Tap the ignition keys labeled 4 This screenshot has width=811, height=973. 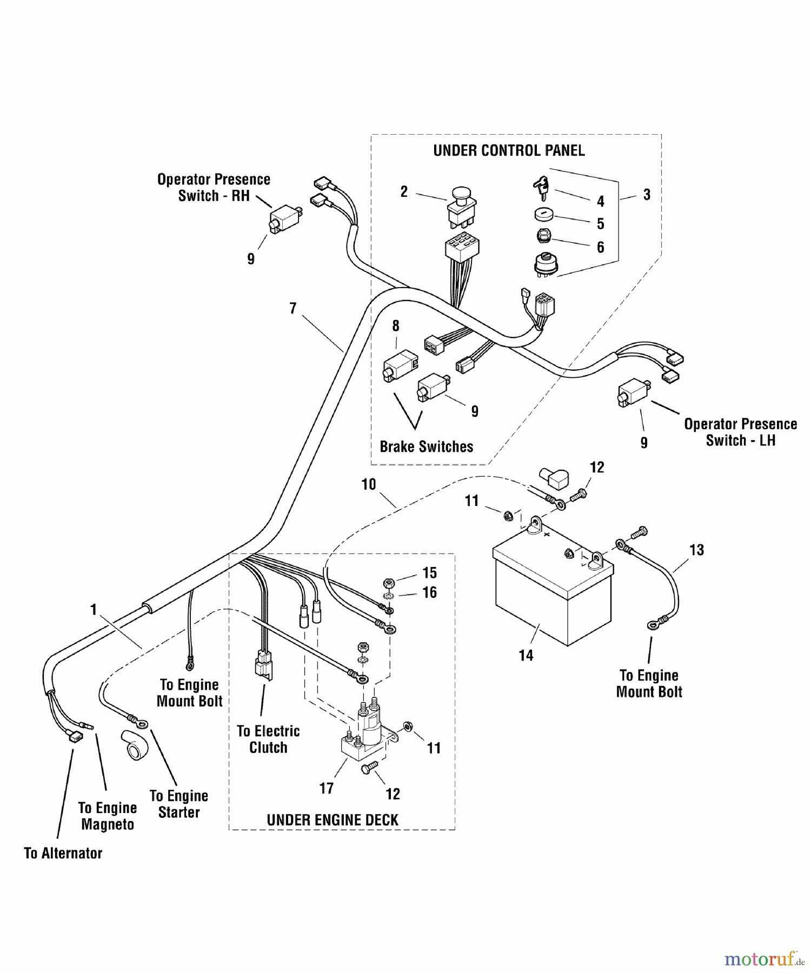(x=541, y=188)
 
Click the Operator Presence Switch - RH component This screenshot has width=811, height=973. (x=284, y=219)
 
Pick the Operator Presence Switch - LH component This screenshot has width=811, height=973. (x=633, y=392)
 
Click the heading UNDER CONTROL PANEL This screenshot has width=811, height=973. (x=509, y=150)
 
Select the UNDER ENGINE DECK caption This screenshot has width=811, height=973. (x=333, y=819)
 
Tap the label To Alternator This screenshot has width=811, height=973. (x=63, y=853)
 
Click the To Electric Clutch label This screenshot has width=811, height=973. (x=268, y=739)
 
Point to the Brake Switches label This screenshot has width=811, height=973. (x=426, y=446)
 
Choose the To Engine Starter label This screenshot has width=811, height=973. (x=179, y=804)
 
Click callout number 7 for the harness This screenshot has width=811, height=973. (x=293, y=308)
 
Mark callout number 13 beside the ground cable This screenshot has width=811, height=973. (x=696, y=550)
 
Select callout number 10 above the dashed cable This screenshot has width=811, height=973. (x=368, y=484)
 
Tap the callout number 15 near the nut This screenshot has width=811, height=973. (x=429, y=572)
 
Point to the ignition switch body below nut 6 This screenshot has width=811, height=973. (x=546, y=265)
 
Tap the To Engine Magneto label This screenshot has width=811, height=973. (x=107, y=816)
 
